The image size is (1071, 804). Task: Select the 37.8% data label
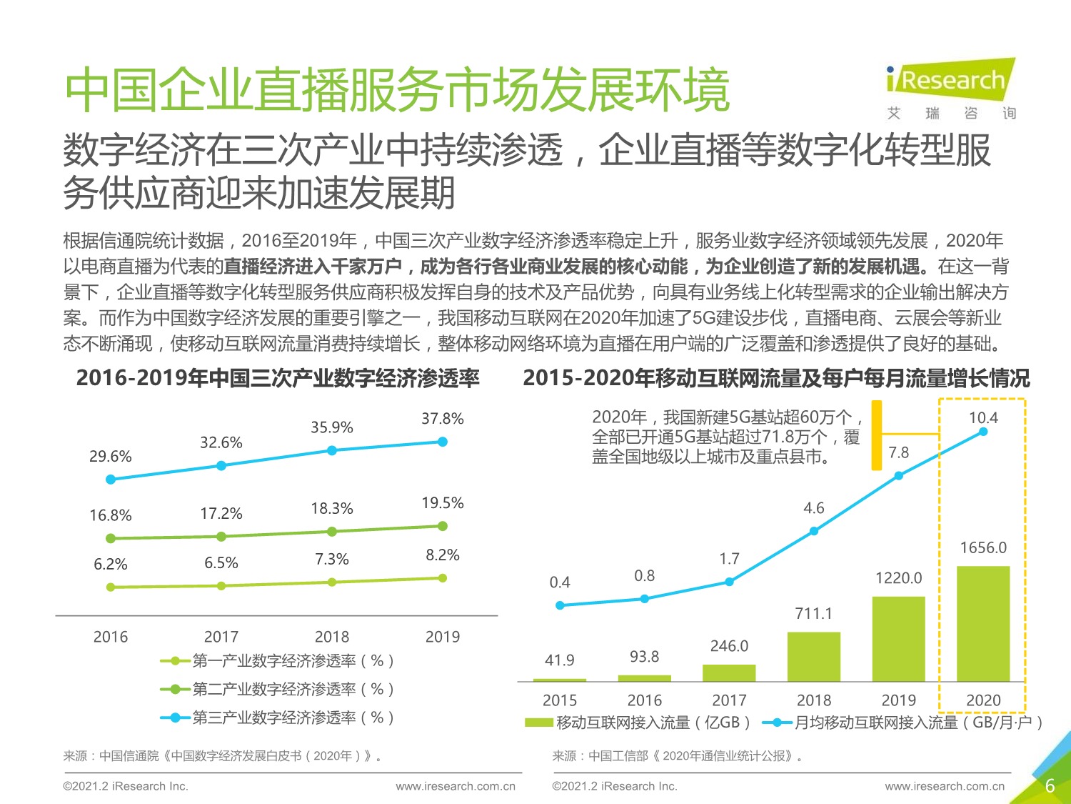[x=442, y=419]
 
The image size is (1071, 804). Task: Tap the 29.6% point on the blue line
[x=111, y=480]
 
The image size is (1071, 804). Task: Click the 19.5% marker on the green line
[x=443, y=526]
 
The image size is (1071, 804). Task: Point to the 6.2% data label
[x=111, y=565]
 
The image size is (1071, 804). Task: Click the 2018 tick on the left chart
[x=332, y=637]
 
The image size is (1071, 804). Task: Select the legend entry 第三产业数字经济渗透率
[x=278, y=718]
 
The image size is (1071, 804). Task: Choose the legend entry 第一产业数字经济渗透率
[x=278, y=661]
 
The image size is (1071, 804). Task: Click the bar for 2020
[x=983, y=623]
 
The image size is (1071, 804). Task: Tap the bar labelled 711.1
[x=814, y=657]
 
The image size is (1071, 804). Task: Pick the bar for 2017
[x=729, y=673]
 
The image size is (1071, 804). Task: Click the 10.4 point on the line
[x=983, y=432]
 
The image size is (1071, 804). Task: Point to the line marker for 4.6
[x=814, y=531]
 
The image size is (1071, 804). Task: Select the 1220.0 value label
[x=899, y=578]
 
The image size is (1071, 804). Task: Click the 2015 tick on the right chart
[x=560, y=700]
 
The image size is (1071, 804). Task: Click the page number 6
[x=1050, y=786]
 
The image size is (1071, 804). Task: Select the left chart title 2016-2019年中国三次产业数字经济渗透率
[x=278, y=378]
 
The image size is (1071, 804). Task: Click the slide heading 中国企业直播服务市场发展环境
[x=397, y=91]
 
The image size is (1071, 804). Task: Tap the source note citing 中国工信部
[x=678, y=756]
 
